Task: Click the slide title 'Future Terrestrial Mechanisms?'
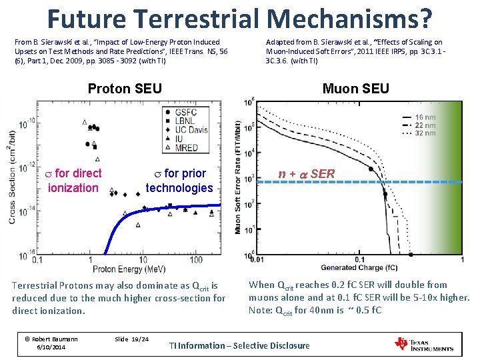239,19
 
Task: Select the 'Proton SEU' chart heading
125,89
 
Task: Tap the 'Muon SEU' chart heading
355,89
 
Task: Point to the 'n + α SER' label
306,174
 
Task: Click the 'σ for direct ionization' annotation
73,181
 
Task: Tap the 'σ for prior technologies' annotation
179,181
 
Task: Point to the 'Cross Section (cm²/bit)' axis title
13,176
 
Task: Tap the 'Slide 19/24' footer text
131,339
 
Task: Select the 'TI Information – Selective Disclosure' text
239,345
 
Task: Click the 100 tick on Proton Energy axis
196,259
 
